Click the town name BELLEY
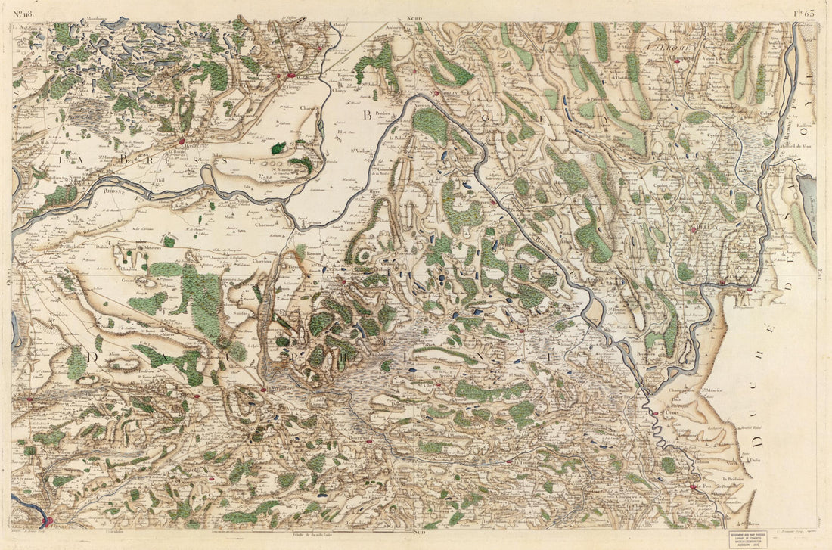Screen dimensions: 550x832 (703, 228)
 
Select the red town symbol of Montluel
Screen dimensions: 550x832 (182, 140)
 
